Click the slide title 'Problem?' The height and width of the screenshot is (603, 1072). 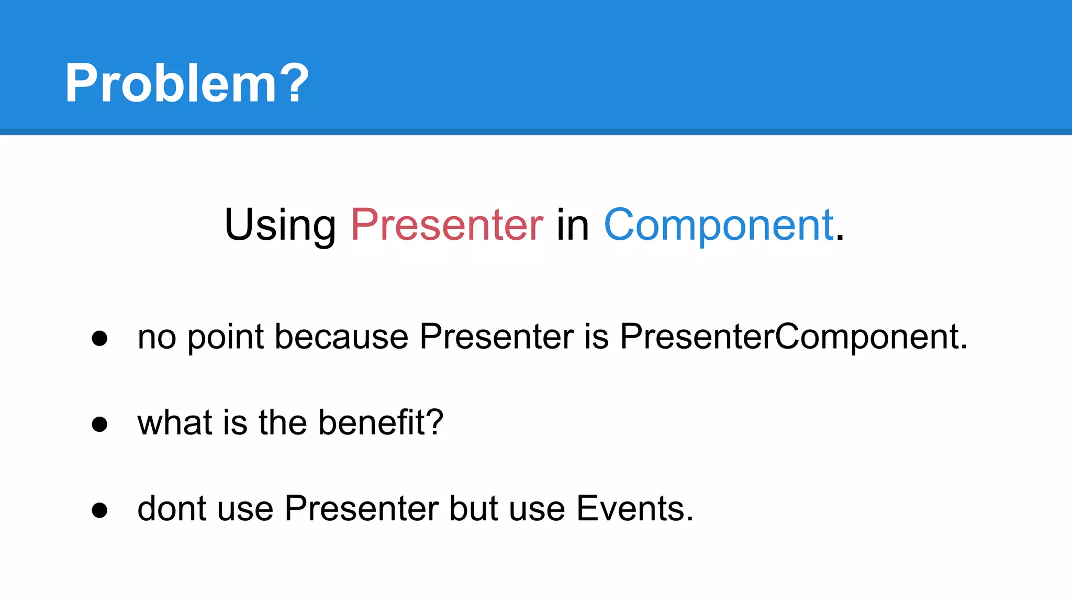click(x=187, y=83)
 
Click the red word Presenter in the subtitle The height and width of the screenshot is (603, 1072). click(x=446, y=225)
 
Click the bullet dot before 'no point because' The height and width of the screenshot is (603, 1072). click(x=99, y=338)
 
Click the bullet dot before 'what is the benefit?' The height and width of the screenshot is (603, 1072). click(x=99, y=423)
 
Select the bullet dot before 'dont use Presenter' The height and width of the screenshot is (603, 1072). click(x=99, y=510)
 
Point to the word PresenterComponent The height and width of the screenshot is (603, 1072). click(x=793, y=337)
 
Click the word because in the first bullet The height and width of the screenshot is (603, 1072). click(x=341, y=337)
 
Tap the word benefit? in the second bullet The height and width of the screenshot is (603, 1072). click(x=381, y=422)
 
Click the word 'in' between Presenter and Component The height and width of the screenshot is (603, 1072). click(x=573, y=225)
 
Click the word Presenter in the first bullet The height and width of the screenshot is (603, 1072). click(x=496, y=337)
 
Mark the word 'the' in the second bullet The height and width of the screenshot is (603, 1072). click(x=283, y=422)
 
